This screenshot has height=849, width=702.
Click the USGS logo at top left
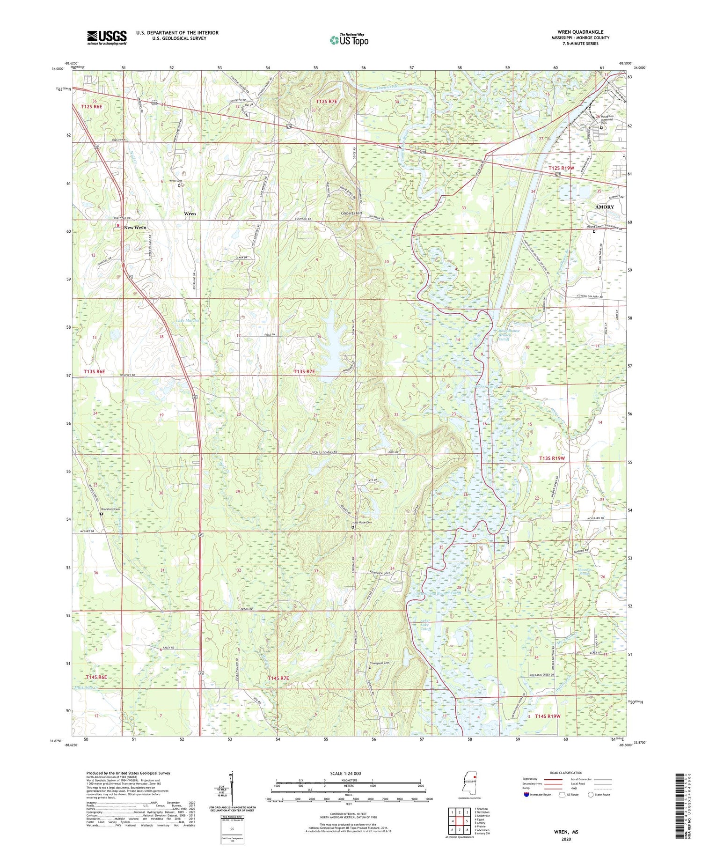coord(107,37)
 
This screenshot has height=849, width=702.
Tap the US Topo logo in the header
coord(349,40)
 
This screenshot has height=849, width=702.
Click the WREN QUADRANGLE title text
coord(580,32)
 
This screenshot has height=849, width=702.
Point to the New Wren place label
coord(135,228)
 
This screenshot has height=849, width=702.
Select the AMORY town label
coord(604,207)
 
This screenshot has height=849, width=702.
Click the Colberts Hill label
coord(351,213)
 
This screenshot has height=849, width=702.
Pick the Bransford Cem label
coord(110,509)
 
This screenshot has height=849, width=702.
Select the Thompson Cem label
coord(380,663)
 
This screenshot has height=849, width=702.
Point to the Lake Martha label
coord(188,320)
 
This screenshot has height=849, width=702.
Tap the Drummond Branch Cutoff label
coord(439,593)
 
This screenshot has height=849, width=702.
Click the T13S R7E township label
coord(304,371)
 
